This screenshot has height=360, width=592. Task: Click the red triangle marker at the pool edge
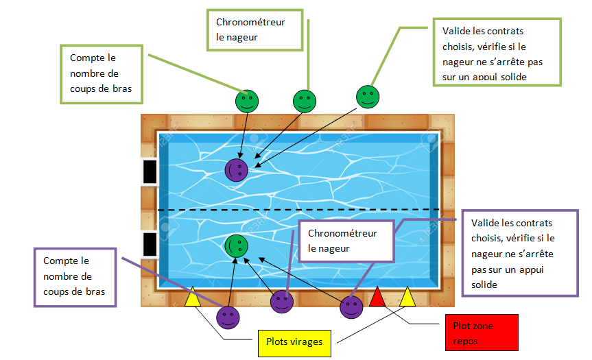(x=377, y=297)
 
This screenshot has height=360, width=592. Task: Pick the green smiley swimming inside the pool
(x=237, y=245)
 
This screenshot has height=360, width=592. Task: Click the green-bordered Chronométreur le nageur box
(x=254, y=30)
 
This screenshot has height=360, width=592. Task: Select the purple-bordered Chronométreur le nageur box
(x=346, y=241)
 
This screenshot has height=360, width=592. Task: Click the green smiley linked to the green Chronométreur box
(x=305, y=101)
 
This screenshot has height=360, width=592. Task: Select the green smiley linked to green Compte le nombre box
(x=247, y=101)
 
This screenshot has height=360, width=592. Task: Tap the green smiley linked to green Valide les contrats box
(x=368, y=97)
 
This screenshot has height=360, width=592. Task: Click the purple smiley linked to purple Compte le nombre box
(x=228, y=317)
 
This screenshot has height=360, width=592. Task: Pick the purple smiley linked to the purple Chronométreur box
(x=282, y=302)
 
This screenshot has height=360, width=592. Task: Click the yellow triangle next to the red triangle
(x=408, y=297)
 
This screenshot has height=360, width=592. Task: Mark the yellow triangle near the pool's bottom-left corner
(x=192, y=297)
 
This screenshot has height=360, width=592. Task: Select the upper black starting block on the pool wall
(x=150, y=171)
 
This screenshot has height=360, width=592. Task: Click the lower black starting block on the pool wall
(x=150, y=243)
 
